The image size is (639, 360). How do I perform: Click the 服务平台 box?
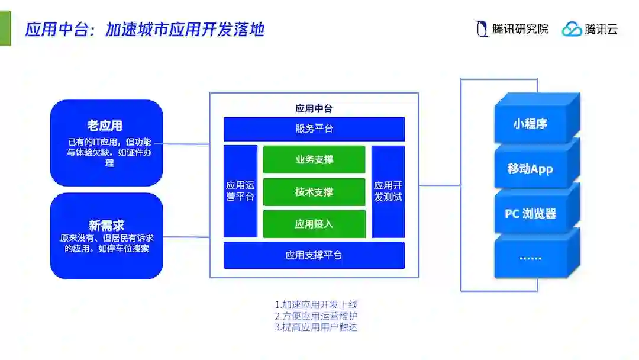coord(314,129)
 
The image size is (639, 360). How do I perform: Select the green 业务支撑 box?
coord(314,160)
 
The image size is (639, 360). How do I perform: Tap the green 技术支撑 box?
coord(314,192)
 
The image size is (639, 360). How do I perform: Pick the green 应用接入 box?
coord(314,224)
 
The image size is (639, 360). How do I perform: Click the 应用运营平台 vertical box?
coord(240,191)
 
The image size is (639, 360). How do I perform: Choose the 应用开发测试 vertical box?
coord(388,191)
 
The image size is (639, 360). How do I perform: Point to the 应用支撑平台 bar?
coord(314,255)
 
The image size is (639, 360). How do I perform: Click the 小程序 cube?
coord(530,124)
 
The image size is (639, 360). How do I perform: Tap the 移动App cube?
coord(530,169)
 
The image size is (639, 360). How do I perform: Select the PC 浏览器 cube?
coord(530,213)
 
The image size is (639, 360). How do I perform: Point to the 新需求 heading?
coord(106,226)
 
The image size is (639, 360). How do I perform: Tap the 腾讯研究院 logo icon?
coord(482,29)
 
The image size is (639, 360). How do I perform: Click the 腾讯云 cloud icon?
coord(572,29)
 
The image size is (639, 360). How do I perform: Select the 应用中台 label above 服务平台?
coord(314,108)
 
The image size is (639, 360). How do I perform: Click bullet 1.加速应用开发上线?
coord(316,304)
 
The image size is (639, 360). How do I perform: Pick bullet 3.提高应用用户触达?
coord(316,327)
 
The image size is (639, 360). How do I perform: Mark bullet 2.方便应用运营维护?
coord(316,316)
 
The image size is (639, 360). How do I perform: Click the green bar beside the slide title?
coord(5,28)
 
